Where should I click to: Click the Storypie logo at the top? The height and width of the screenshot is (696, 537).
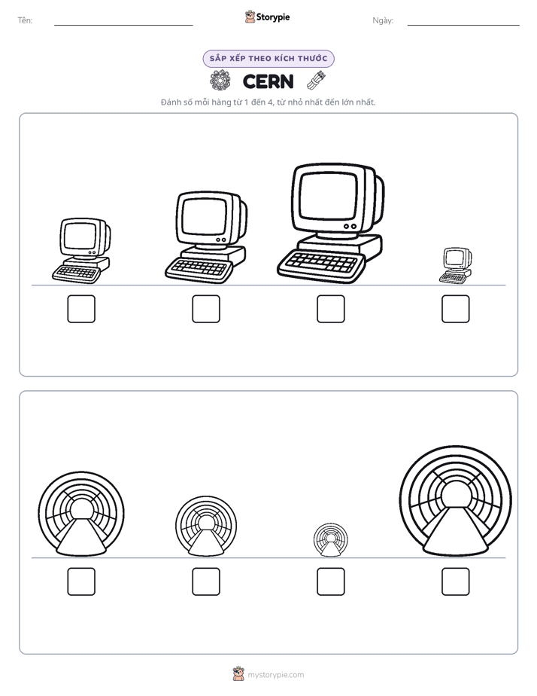point(267,17)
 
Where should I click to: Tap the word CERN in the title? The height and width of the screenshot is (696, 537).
point(268,81)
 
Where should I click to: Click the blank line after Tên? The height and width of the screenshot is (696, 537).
point(123,25)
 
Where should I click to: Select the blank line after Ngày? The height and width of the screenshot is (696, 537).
point(463,25)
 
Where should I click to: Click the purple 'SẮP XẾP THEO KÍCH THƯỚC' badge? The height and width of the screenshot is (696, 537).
point(268,59)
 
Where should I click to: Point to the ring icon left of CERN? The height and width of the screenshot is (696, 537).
point(220,81)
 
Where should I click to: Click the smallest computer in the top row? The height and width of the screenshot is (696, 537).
point(456,265)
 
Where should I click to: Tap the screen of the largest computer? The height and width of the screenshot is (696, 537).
point(329,196)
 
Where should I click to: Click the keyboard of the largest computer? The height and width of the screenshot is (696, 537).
point(321,267)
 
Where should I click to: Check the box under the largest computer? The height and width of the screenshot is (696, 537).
point(330,309)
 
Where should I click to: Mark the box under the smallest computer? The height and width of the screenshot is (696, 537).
point(456,309)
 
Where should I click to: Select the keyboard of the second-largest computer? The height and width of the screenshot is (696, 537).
point(199,270)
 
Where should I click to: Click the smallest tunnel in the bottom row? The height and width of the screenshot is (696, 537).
point(330,540)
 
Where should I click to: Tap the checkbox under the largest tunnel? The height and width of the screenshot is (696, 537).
point(456,582)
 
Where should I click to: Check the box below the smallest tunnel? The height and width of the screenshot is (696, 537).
point(330,582)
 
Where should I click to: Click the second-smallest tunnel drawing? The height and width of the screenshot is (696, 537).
point(206,526)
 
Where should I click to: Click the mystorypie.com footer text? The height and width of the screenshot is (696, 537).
point(275,675)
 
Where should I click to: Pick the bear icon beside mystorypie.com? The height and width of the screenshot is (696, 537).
point(238,674)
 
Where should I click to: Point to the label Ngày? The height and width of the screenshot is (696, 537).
point(383,20)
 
